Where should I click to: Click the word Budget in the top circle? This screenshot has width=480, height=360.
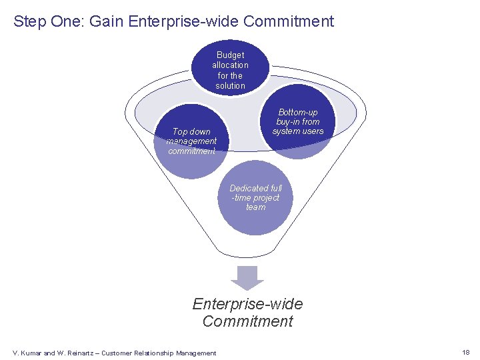[231, 55]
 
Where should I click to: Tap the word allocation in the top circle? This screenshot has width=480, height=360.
[231, 65]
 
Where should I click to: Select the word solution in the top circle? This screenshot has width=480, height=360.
[231, 86]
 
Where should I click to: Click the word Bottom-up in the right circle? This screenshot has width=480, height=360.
[298, 112]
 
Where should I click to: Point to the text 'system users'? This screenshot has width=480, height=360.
[298, 131]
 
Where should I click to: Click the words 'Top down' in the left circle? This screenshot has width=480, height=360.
[191, 131]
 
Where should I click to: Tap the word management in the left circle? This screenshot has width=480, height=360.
[191, 141]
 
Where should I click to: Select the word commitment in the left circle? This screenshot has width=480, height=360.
[191, 151]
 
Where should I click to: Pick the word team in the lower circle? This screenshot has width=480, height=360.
[255, 207]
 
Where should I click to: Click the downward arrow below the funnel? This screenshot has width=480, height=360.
[247, 276]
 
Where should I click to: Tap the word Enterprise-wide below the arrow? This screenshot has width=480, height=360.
[247, 304]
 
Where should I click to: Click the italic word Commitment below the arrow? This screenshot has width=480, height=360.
[247, 321]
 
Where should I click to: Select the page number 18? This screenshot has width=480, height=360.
[465, 352]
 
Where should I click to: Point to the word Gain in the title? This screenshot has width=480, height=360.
[107, 21]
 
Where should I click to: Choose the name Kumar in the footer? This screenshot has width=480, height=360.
[31, 353]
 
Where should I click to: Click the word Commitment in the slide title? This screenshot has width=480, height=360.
[289, 21]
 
